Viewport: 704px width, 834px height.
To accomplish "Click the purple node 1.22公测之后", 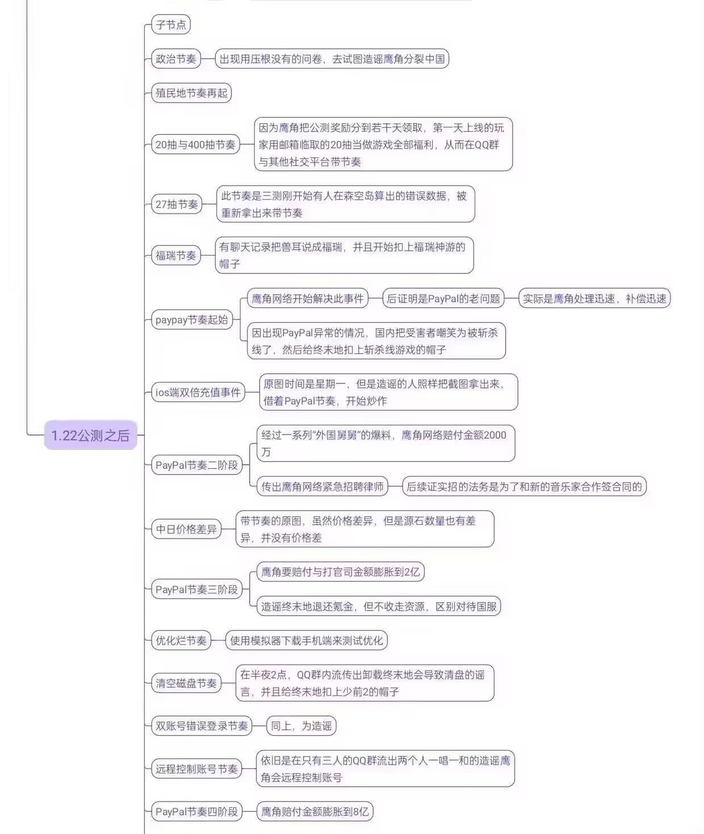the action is click(x=91, y=435).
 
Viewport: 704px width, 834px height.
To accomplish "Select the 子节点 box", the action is click(x=171, y=25).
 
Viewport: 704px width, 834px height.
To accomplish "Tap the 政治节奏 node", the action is click(x=176, y=59).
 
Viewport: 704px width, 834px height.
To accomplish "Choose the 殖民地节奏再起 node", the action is click(x=191, y=93).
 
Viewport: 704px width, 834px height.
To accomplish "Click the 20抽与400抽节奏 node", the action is click(x=195, y=144).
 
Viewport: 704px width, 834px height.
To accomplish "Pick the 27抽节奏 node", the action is click(x=177, y=204).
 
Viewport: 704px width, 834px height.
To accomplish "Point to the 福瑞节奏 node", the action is click(x=175, y=255).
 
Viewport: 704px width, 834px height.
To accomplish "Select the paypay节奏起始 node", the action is click(x=192, y=319).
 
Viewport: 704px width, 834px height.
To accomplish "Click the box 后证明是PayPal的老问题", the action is click(x=443, y=298).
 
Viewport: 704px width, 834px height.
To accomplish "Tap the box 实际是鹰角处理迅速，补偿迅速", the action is click(x=594, y=298).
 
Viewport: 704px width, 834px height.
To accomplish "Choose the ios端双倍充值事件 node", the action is click(x=198, y=392).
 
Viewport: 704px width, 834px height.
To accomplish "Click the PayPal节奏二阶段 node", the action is click(x=197, y=465).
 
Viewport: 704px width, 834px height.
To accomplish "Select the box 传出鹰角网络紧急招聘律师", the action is click(x=322, y=486).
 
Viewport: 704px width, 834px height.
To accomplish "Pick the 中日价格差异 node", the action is click(x=186, y=529).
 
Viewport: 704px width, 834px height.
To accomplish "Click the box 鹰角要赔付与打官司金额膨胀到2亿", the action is click(x=341, y=572).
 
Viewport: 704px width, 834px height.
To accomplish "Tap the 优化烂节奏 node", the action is click(x=181, y=640).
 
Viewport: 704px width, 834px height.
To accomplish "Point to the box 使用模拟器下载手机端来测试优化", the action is click(x=307, y=640).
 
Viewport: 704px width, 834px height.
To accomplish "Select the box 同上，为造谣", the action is click(x=301, y=725).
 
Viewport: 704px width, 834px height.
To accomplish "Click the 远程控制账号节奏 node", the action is click(x=197, y=769).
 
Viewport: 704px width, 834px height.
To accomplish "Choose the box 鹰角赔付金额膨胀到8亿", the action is click(x=315, y=812).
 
